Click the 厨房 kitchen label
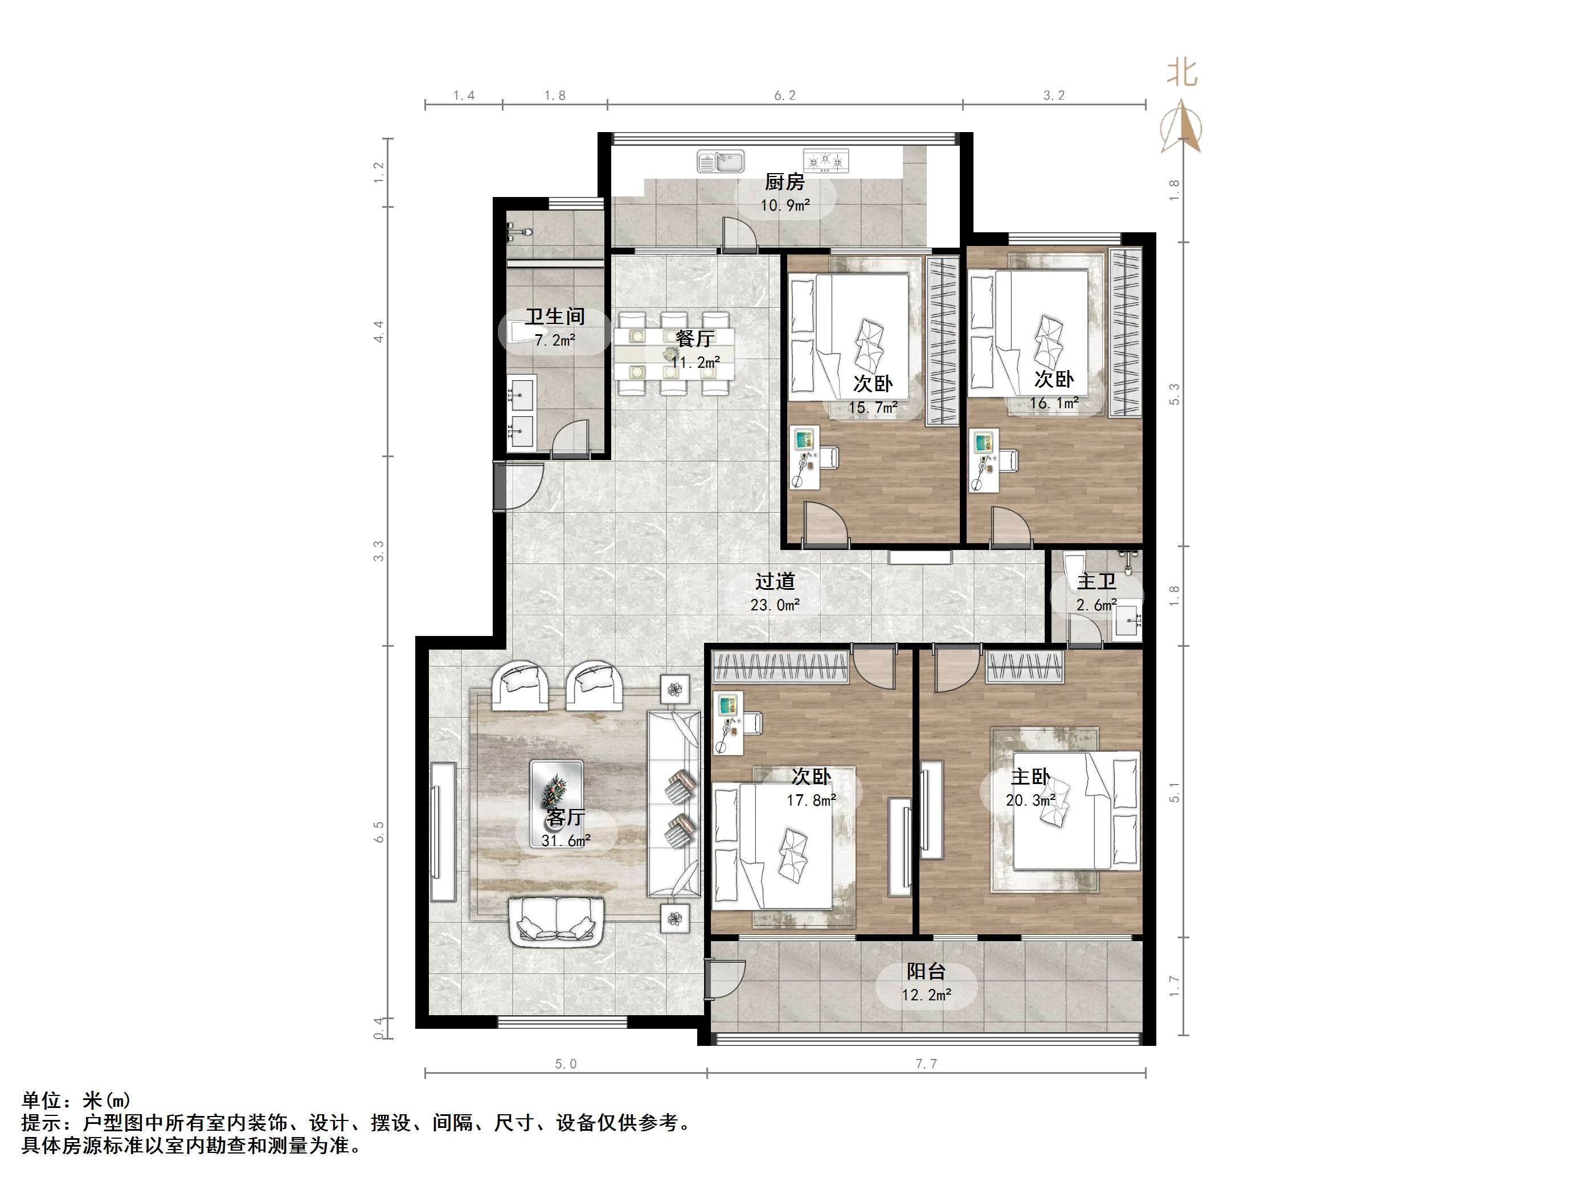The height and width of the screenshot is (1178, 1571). (x=784, y=183)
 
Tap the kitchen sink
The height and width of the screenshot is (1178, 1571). (x=720, y=161)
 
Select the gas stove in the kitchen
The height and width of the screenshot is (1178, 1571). (x=826, y=161)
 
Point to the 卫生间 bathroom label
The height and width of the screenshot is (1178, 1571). (x=555, y=317)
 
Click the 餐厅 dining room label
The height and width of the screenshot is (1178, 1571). (x=694, y=339)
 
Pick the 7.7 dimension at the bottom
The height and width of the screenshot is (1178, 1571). (x=926, y=1064)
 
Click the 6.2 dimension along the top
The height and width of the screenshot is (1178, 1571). (x=785, y=95)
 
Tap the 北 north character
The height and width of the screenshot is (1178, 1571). (x=1182, y=73)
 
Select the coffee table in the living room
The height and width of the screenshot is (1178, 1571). (x=557, y=786)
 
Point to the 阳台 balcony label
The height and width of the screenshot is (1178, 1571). (x=926, y=971)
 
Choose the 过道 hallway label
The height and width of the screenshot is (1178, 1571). (x=775, y=581)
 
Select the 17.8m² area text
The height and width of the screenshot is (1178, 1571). (x=811, y=801)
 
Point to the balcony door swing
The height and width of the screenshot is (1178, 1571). (x=726, y=979)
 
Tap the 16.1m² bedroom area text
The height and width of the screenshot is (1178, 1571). (x=1054, y=403)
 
